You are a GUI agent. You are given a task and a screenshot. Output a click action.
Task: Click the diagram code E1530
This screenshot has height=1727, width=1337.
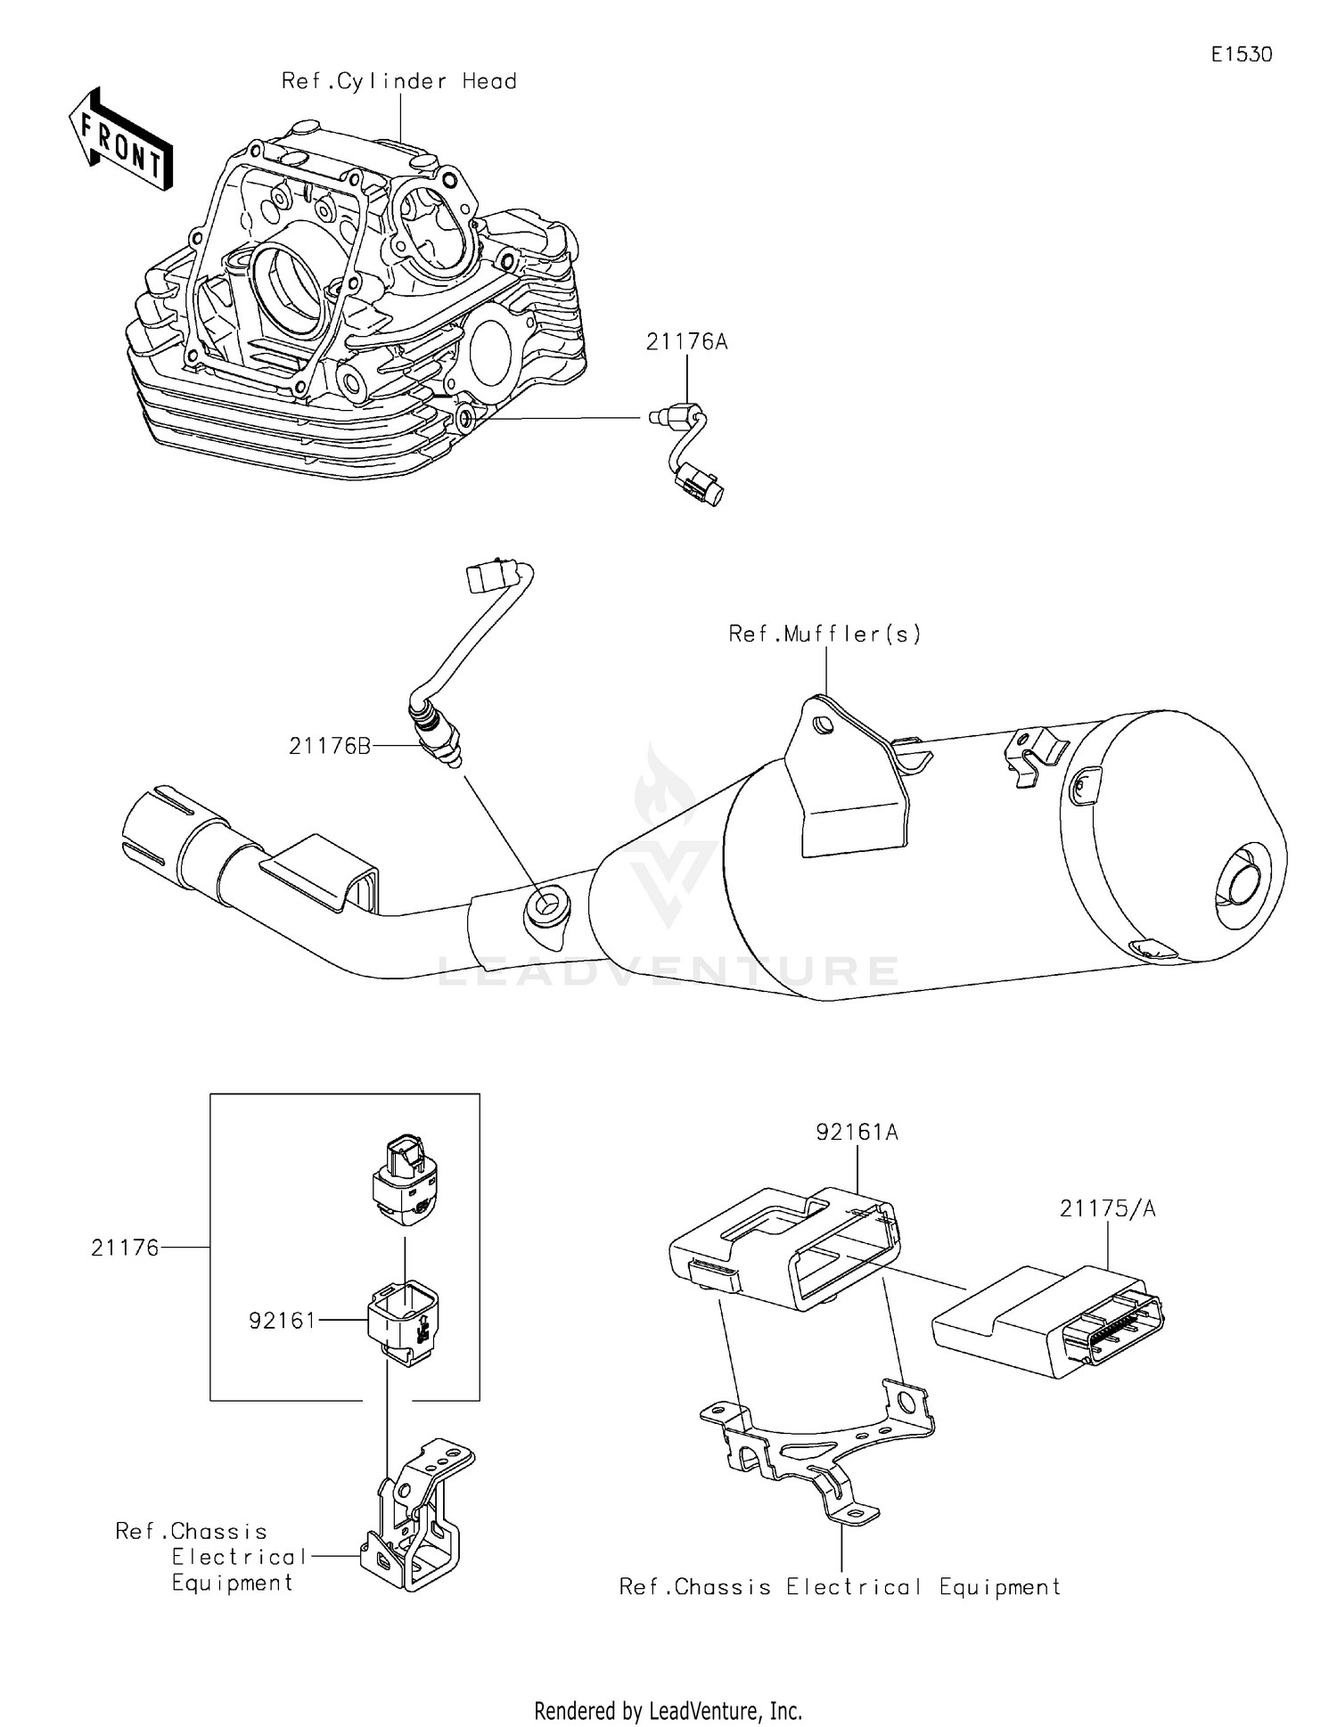pyautogui.click(x=1241, y=54)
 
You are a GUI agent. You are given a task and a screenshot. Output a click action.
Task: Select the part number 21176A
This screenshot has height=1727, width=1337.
pyautogui.click(x=686, y=341)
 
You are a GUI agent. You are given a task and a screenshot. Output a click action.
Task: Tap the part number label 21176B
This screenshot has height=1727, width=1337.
pyautogui.click(x=329, y=746)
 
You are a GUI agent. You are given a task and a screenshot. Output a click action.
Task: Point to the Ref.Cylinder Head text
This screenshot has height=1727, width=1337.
pyautogui.click(x=398, y=81)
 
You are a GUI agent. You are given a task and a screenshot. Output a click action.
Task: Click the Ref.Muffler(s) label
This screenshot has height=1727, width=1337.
pyautogui.click(x=824, y=634)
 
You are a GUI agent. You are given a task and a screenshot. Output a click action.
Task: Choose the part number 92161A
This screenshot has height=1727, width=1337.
pyautogui.click(x=857, y=1132)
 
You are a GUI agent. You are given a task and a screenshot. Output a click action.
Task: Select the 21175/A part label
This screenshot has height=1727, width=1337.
pyautogui.click(x=1107, y=1208)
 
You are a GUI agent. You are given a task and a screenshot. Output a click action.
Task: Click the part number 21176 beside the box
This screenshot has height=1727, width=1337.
pyautogui.click(x=125, y=1248)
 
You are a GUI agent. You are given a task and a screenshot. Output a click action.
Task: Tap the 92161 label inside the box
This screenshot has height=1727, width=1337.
pyautogui.click(x=282, y=1320)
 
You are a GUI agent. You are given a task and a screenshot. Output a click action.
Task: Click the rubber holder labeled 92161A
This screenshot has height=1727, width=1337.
pyautogui.click(x=784, y=1248)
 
